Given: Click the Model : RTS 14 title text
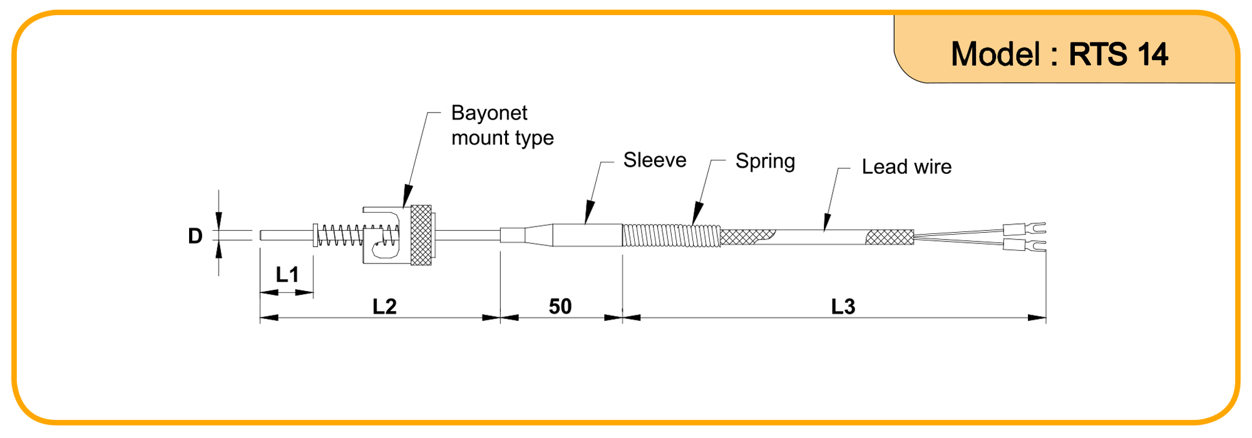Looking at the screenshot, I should click(x=1059, y=54).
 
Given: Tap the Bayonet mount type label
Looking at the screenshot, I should click(x=501, y=125).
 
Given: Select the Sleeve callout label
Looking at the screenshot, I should click(x=654, y=160).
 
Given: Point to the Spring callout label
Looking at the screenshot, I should click(x=764, y=161).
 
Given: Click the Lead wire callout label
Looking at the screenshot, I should click(x=906, y=167).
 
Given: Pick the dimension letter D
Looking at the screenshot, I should click(x=195, y=236).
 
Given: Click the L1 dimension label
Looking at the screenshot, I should click(x=287, y=274).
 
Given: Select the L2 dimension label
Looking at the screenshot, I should click(x=384, y=307).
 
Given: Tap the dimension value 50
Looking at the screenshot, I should click(x=560, y=307).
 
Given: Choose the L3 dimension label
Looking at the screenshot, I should click(x=843, y=307).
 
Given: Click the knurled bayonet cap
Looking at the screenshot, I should click(x=421, y=235).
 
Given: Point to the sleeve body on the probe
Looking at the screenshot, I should click(x=587, y=235).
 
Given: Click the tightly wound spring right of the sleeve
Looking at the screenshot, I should click(x=671, y=236).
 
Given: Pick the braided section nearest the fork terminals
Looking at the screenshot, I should click(x=890, y=237).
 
